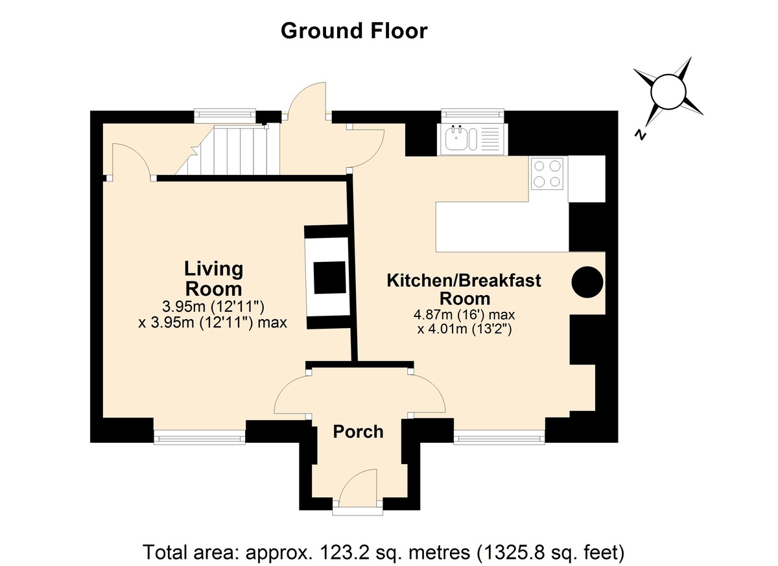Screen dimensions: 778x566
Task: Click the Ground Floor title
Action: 354,32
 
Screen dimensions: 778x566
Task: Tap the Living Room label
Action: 213,279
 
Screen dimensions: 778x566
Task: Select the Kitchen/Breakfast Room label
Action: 464,289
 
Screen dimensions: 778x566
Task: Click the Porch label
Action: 358,432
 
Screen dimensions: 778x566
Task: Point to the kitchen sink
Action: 473,139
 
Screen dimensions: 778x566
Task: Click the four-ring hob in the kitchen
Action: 547,174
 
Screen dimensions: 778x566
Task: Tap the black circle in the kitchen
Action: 587,282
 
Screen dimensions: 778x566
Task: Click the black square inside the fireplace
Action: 330,277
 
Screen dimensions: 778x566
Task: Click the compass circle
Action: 668,91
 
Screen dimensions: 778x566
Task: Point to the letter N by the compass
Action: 640,134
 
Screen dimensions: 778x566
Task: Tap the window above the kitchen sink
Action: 473,115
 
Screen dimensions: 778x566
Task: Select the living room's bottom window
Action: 200,437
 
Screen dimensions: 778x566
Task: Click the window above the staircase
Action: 225,115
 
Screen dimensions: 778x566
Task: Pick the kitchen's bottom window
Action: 499,437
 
